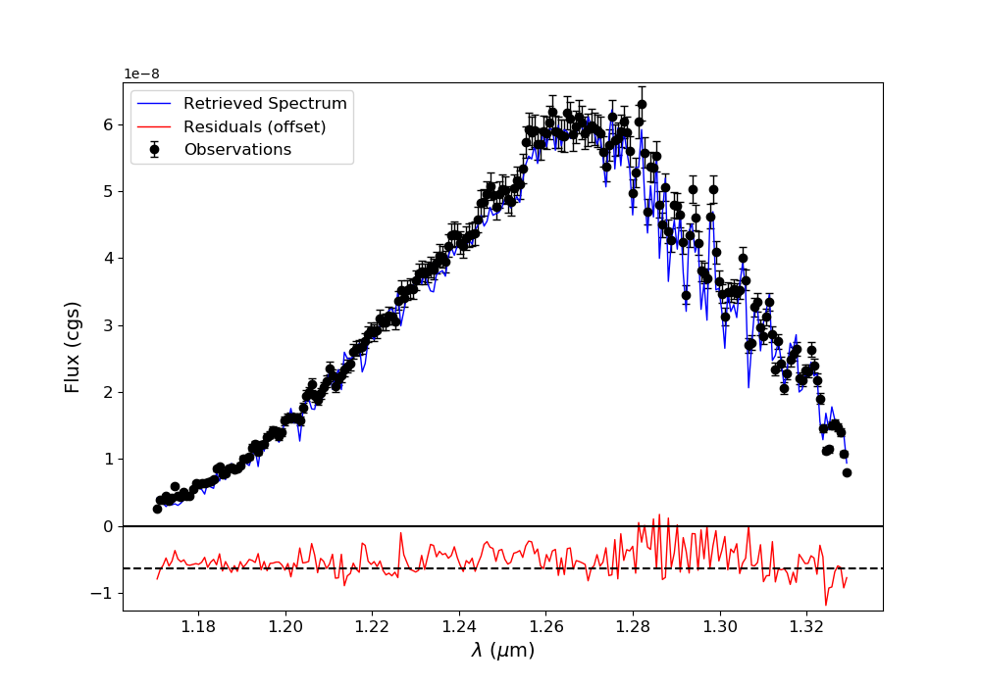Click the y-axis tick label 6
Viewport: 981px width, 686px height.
(x=108, y=124)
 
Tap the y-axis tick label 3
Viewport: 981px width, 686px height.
(x=108, y=325)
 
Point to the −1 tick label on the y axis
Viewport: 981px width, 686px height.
(x=103, y=593)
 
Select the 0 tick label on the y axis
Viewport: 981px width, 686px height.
(x=108, y=526)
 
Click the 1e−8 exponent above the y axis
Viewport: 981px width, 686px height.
(x=141, y=73)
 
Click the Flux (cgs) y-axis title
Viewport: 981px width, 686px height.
(x=74, y=347)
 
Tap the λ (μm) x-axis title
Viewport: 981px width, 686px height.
(x=502, y=650)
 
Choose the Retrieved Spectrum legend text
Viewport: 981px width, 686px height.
(x=265, y=104)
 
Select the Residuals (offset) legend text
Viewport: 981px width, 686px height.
(x=254, y=126)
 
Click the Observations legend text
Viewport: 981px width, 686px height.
(x=237, y=149)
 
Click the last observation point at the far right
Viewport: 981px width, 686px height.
(x=847, y=472)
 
